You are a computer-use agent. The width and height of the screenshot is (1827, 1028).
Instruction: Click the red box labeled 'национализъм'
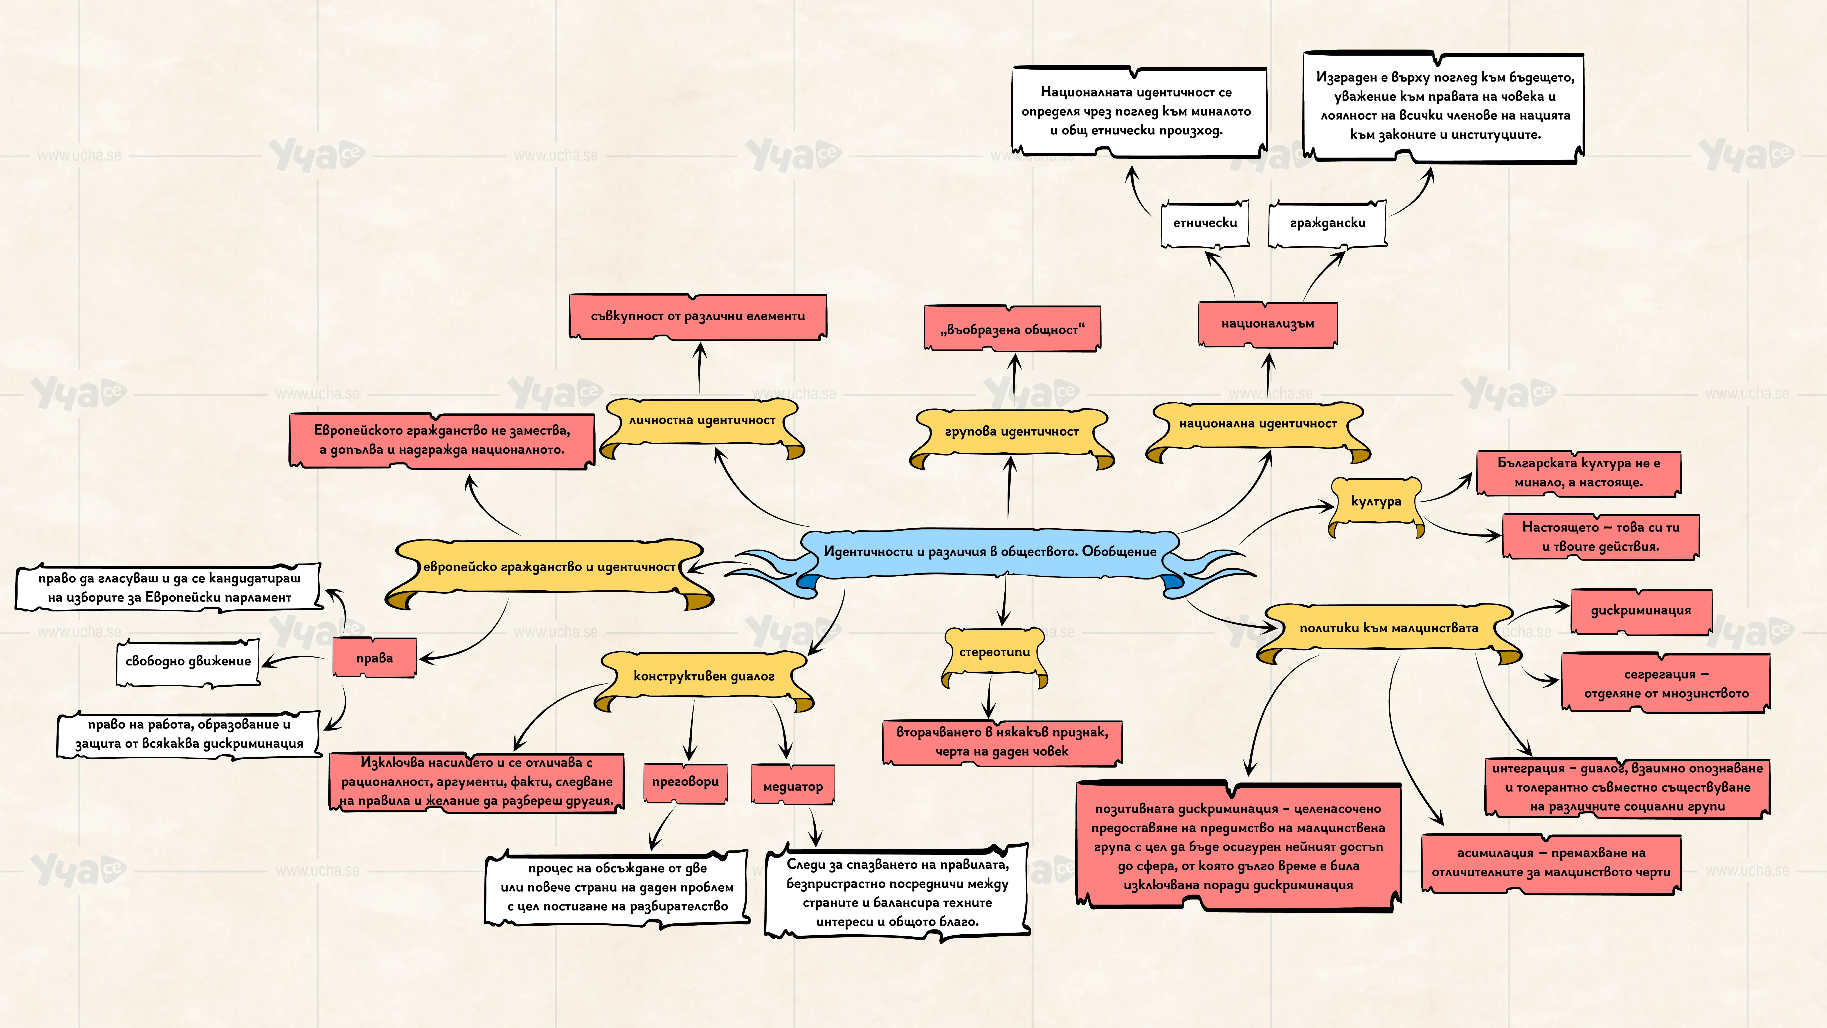[1267, 324]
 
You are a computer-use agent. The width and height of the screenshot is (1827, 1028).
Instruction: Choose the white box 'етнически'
[1205, 223]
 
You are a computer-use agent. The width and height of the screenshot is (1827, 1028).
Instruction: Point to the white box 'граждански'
[1327, 223]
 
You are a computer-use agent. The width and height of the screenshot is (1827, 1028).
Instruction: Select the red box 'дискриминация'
[1640, 611]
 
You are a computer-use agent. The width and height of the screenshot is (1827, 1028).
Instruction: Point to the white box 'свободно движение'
[188, 662]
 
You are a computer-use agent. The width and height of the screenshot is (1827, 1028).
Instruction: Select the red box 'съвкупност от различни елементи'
[698, 316]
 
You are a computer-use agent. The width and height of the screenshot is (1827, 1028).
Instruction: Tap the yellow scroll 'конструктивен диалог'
[704, 678]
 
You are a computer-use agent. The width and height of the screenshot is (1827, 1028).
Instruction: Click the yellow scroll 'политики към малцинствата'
[1389, 629]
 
